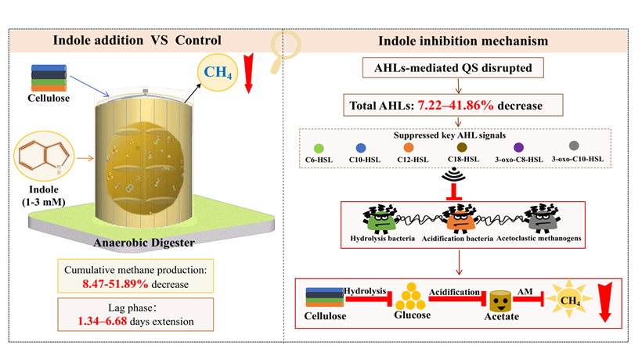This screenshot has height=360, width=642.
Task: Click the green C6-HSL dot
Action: coord(319,148)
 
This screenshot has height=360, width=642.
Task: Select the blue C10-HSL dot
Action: coord(361,148)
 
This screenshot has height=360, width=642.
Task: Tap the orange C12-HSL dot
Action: coord(409,147)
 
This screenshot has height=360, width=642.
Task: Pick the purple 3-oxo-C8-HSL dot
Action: coord(519,147)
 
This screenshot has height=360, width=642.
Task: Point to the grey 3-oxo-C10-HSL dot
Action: coord(574,146)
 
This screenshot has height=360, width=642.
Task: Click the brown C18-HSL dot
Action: coord(462,147)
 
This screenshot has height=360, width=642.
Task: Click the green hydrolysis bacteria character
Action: coord(380,219)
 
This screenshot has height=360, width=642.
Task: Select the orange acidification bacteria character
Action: coord(460,219)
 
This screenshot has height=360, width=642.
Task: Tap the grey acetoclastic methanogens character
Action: coord(542,218)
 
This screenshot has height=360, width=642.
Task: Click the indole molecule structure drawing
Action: coord(44,156)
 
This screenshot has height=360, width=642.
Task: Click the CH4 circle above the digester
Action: coord(218,73)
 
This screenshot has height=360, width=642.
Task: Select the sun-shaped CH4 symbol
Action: coord(569,299)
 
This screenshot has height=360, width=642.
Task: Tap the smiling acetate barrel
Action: coord(500,301)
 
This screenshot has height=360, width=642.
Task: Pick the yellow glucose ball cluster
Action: coord(411,296)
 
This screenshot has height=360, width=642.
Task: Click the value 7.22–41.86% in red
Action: coord(456,106)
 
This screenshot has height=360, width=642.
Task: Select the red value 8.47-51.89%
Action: coord(115,284)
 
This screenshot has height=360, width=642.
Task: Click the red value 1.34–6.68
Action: coord(103,321)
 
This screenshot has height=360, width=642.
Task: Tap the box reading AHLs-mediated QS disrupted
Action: coord(453,68)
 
